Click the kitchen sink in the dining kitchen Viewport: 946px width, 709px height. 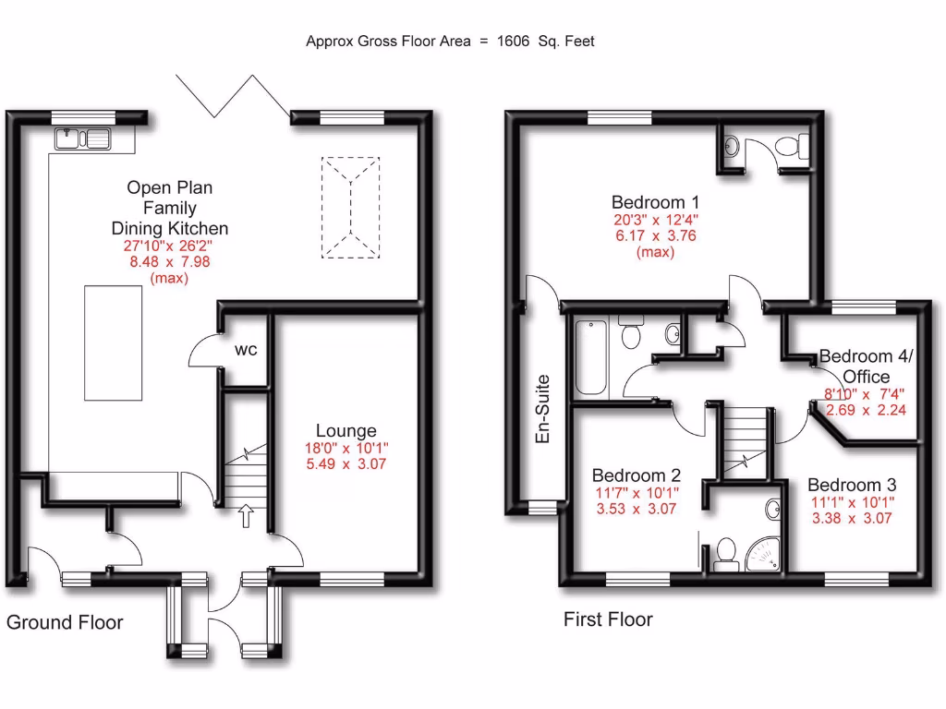(x=83, y=138)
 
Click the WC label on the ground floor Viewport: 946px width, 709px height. (x=246, y=351)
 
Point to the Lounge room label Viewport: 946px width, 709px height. (x=346, y=430)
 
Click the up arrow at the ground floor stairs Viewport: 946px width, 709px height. (x=246, y=514)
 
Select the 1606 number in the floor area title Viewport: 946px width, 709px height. (x=516, y=41)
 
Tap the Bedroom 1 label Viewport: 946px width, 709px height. (x=655, y=202)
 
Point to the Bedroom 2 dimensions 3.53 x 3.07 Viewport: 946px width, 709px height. (x=637, y=508)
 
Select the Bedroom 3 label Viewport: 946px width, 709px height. (x=852, y=485)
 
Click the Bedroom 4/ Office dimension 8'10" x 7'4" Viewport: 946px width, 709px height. (x=867, y=394)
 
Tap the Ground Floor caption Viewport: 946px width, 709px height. (x=65, y=622)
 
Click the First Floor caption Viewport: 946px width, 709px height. (x=608, y=619)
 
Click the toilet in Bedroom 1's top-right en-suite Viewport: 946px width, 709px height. (x=792, y=147)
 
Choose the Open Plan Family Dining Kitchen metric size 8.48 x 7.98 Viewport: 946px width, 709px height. (x=169, y=261)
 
